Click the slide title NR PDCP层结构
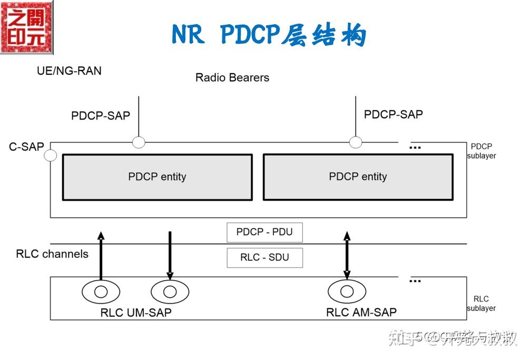(x=269, y=35)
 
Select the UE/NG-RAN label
(x=69, y=71)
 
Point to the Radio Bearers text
(x=232, y=77)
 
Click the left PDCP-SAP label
(x=100, y=115)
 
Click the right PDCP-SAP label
(x=393, y=114)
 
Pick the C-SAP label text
(x=26, y=147)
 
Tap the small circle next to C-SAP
(x=51, y=155)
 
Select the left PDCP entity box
(x=157, y=177)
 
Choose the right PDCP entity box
(x=358, y=177)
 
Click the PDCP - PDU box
(x=264, y=232)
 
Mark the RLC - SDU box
(x=264, y=258)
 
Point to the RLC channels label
(x=52, y=254)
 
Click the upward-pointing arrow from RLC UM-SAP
(x=101, y=255)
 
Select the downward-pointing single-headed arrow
(x=170, y=255)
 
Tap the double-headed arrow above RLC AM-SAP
(x=347, y=255)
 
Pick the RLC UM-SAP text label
(x=135, y=312)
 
